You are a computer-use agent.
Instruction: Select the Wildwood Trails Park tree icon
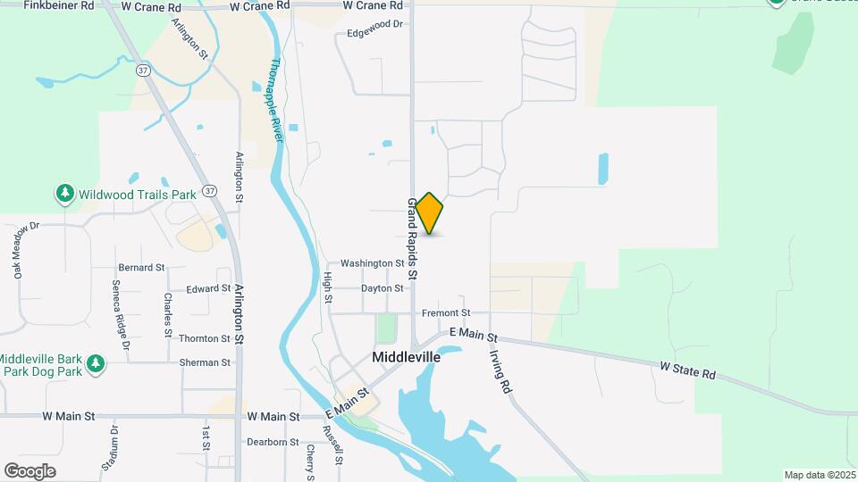point(64,193)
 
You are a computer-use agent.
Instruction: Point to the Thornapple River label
point(276,100)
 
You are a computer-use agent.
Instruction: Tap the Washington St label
point(373,263)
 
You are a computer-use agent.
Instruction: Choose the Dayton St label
point(383,288)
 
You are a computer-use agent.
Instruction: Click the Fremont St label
point(447,313)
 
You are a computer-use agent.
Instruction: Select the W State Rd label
point(688,370)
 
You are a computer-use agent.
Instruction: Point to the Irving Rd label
point(500,371)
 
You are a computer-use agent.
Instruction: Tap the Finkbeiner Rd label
point(59,5)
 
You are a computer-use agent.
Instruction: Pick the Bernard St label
point(141,267)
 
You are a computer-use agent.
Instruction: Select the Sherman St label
point(205,362)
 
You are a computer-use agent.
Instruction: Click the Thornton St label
point(205,338)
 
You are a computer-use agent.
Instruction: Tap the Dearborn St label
point(273,442)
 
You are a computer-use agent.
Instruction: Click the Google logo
point(29,471)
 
